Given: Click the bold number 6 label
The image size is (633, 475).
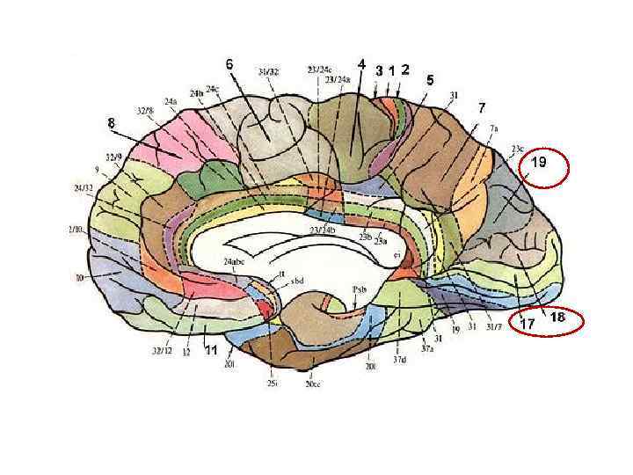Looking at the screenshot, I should pyautogui.click(x=229, y=64).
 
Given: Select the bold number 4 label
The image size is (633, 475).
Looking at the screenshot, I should pyautogui.click(x=361, y=64).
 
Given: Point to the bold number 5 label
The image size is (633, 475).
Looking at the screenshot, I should pyautogui.click(x=430, y=80).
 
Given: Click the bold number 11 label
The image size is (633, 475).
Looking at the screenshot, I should pyautogui.click(x=211, y=349).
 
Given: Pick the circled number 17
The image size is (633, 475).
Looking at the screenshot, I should pyautogui.click(x=527, y=324).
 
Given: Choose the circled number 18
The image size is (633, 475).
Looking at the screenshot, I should pyautogui.click(x=557, y=317).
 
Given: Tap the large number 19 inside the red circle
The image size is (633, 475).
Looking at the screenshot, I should pyautogui.click(x=539, y=163).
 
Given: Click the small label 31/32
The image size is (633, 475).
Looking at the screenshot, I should pyautogui.click(x=269, y=71).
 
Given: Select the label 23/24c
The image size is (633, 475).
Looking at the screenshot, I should pyautogui.click(x=319, y=69).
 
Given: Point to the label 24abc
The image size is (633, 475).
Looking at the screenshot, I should pyautogui.click(x=234, y=262).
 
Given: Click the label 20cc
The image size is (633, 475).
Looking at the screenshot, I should pyautogui.click(x=312, y=384).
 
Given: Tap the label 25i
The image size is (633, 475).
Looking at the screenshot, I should pyautogui.click(x=273, y=384).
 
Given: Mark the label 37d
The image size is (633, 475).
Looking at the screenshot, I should pyautogui.click(x=399, y=360).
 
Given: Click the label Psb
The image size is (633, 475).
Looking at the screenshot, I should pyautogui.click(x=359, y=289).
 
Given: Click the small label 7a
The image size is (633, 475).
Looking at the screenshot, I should pyautogui.click(x=494, y=128).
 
